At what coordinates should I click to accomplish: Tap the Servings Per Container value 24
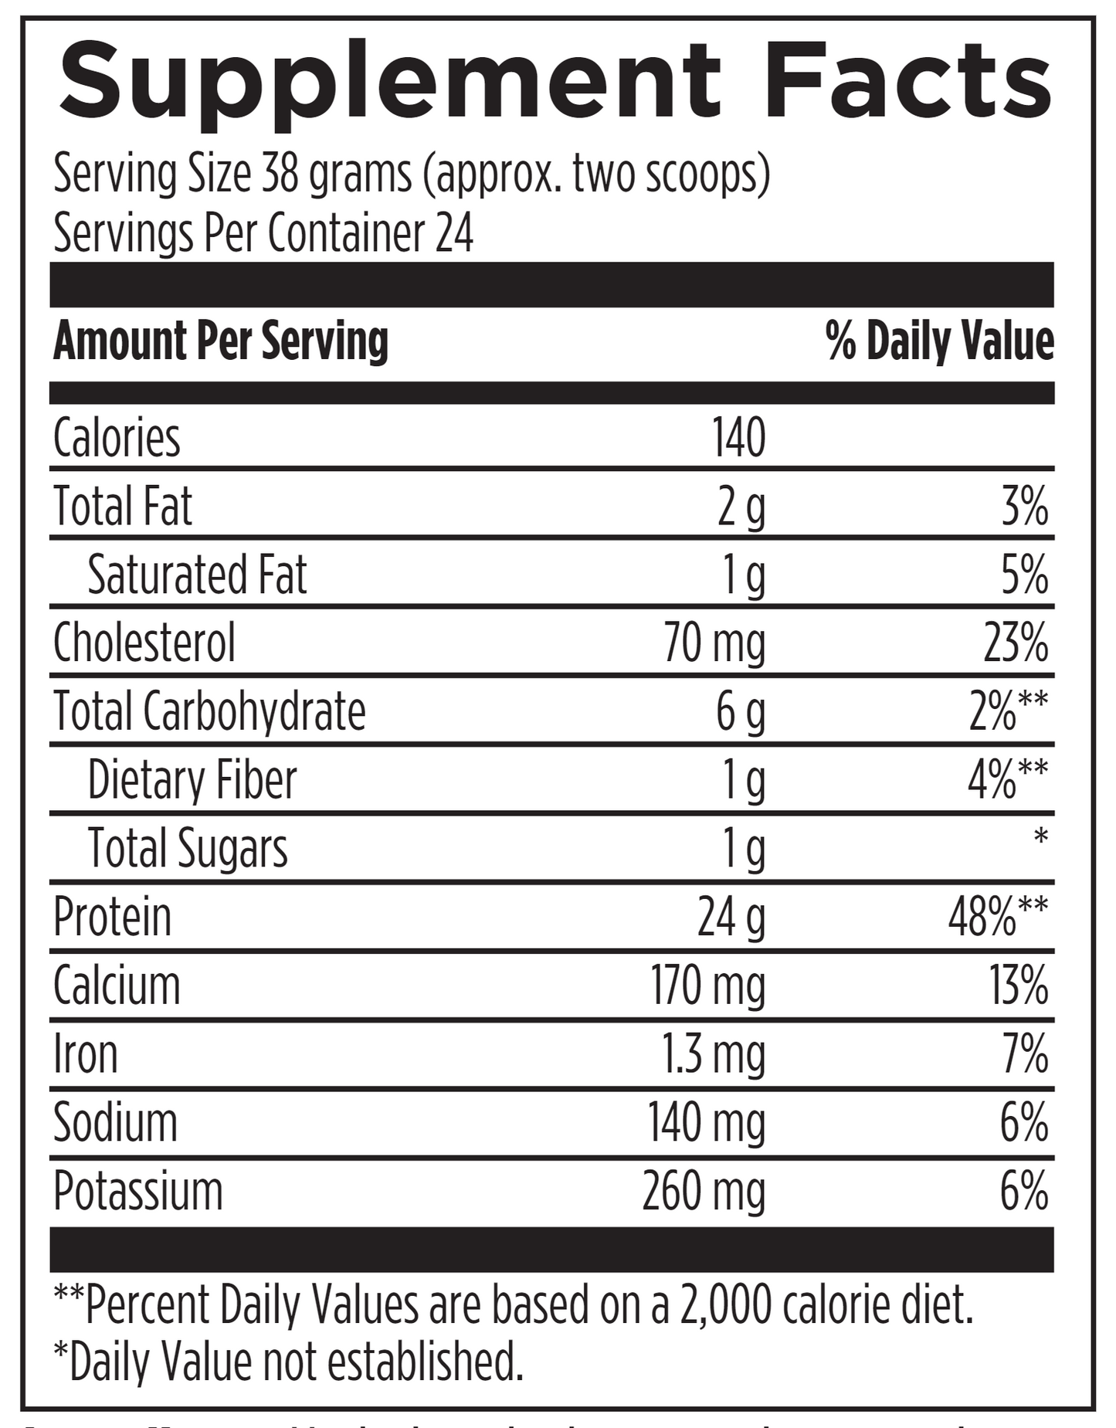coord(454,233)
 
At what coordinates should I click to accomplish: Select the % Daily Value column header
coord(939,341)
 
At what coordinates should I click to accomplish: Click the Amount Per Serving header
coord(221,341)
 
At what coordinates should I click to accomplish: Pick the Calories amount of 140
coord(738,437)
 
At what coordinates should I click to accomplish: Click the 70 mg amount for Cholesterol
coord(714,644)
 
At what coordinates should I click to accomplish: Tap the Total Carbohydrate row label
coord(209,711)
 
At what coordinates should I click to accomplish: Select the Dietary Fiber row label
coord(192,780)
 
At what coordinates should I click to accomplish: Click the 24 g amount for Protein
coord(731,918)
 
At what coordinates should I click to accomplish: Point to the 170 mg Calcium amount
coord(707,987)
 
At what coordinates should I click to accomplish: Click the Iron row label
coord(86,1054)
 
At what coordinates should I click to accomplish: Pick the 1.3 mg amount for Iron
coord(713,1056)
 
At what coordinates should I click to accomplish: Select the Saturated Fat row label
coord(197,575)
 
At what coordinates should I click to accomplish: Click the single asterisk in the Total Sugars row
coord(1040,836)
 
